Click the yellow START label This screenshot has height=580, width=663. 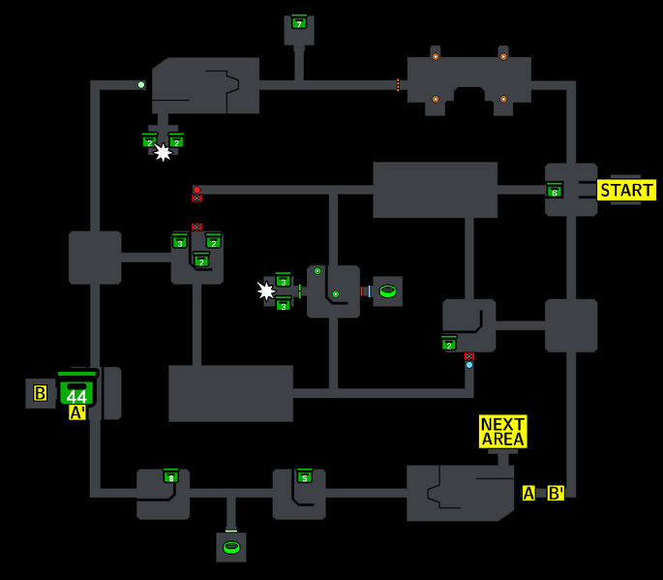[x=626, y=190]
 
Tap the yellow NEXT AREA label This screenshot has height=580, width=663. [x=503, y=432]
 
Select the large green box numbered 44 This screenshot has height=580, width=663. [x=77, y=391]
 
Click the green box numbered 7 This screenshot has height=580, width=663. [x=299, y=22]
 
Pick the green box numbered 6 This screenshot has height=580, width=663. [x=555, y=191]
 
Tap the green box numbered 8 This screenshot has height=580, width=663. [x=171, y=476]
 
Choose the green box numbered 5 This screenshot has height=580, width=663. [x=304, y=476]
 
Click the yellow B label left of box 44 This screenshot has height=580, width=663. [x=41, y=393]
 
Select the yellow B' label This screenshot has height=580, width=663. [x=556, y=493]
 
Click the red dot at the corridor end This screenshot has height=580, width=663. [x=196, y=190]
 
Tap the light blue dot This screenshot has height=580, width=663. [x=469, y=365]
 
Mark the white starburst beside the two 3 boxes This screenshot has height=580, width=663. [x=266, y=290]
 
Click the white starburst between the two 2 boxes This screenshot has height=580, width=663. [x=163, y=152]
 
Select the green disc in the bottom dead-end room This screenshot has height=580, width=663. [x=231, y=547]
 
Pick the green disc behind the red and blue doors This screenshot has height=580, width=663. [x=387, y=290]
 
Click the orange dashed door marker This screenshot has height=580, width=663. [x=398, y=85]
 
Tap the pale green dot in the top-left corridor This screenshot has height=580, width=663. [x=141, y=85]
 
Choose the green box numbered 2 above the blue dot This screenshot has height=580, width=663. [x=449, y=344]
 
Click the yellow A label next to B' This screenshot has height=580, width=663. [x=528, y=493]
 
